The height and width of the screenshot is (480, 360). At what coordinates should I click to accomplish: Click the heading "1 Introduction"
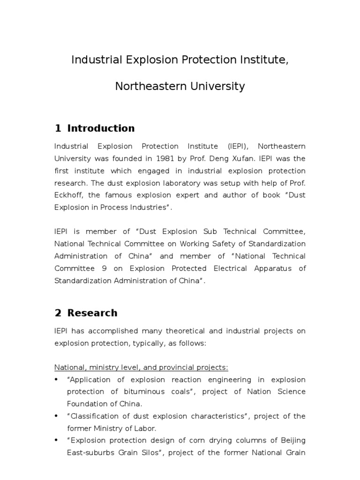(94, 128)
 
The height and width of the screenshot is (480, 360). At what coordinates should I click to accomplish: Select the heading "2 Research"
(86, 313)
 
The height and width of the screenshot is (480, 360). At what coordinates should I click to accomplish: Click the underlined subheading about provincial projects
(141, 367)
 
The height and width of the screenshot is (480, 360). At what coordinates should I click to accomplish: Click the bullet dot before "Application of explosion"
(57, 380)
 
